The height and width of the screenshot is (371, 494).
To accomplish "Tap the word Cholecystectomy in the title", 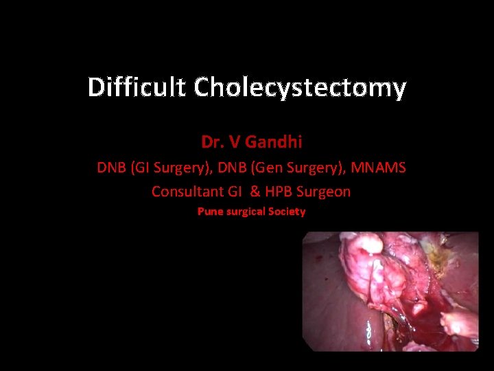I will (300, 88).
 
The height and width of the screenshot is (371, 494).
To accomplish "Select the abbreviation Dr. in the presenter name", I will (212, 142).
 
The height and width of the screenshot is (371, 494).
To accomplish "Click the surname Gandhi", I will (274, 142).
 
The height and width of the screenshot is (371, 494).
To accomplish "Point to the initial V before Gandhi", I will (235, 142).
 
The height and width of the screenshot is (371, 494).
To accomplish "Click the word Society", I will (287, 212).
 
